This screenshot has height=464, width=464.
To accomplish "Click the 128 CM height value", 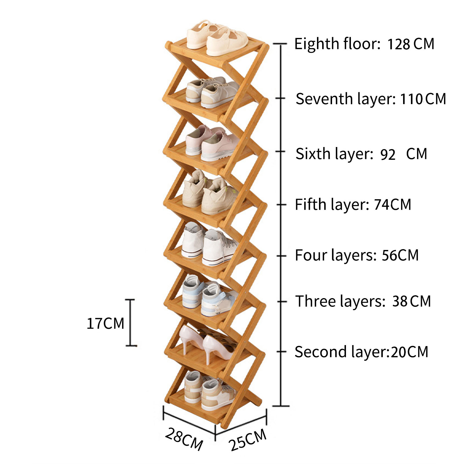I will pyautogui.click(x=411, y=44).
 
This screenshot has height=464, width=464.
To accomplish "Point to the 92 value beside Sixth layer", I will pyautogui.click(x=388, y=155).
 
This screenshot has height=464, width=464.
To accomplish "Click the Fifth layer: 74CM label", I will pyautogui.click(x=353, y=204).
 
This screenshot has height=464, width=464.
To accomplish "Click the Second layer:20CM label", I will pyautogui.click(x=361, y=352).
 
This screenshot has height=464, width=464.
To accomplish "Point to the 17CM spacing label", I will pyautogui.click(x=106, y=323).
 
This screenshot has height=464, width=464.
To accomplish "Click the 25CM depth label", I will pyautogui.click(x=247, y=439).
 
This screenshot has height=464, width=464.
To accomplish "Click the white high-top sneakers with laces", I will pyautogui.click(x=209, y=244).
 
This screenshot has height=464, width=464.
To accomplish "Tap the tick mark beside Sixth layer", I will pyautogui.click(x=280, y=151).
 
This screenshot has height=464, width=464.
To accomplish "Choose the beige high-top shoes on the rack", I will pyautogui.click(x=209, y=193).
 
